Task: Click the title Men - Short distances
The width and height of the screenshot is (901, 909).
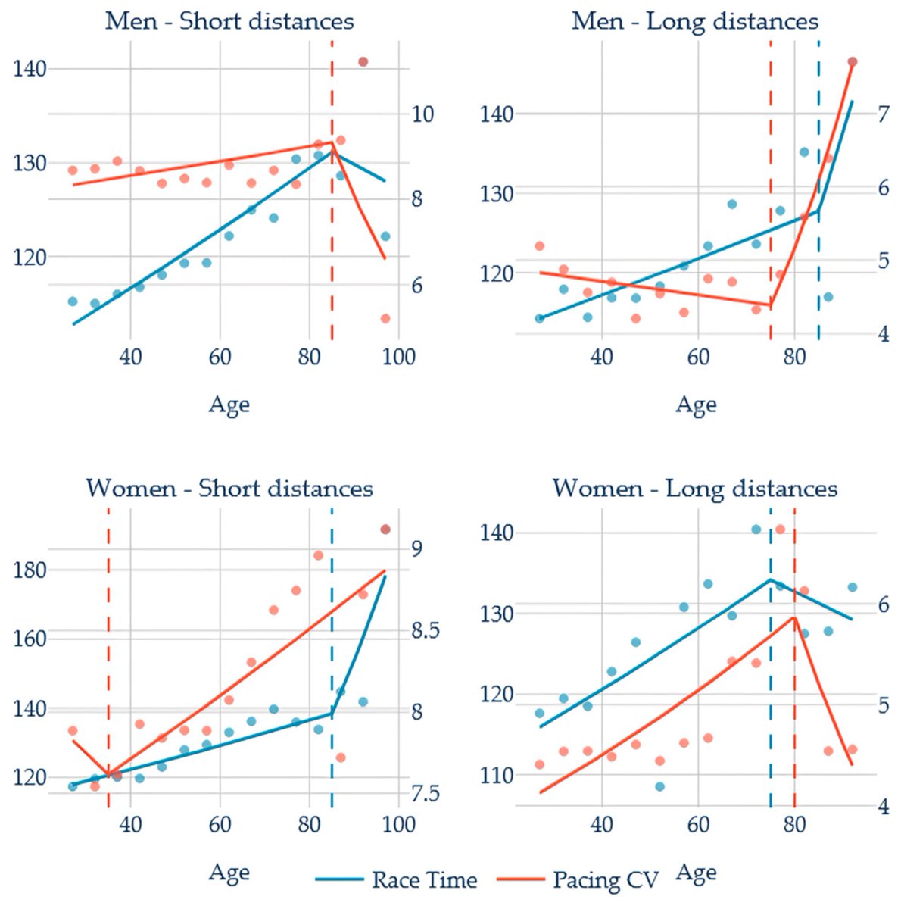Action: pos(229,22)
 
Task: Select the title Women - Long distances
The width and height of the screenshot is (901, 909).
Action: pos(695,489)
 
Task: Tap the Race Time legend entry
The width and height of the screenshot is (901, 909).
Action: pos(396,880)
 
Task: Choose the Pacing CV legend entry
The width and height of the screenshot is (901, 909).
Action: pos(578,880)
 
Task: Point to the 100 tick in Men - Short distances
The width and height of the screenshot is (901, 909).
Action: pos(398,358)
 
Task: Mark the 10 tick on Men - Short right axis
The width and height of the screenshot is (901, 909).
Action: pos(422,114)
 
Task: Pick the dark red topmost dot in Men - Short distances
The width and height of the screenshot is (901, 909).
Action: pos(363,62)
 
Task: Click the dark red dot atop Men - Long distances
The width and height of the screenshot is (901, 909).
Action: pos(852,62)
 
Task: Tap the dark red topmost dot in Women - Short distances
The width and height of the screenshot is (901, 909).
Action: pos(385,529)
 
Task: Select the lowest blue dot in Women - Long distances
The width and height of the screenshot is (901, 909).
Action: pos(660,786)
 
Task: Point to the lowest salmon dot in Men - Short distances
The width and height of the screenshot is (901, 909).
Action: pos(385,318)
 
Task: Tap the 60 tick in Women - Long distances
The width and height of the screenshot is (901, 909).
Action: pos(698,825)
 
